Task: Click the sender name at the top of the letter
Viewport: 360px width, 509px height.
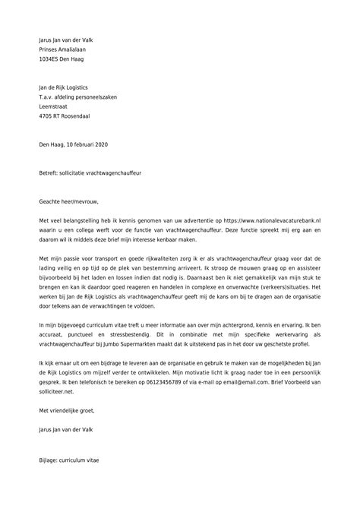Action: point(70,40)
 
